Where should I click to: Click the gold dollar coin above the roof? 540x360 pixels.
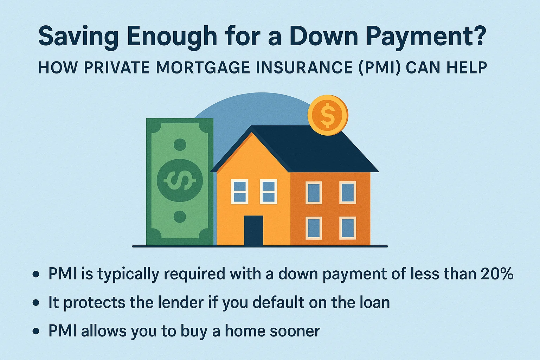(328, 115)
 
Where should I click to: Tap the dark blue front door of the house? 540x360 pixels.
(253, 230)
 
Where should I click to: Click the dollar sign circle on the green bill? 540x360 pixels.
(180, 180)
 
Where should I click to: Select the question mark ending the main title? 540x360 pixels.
(479, 36)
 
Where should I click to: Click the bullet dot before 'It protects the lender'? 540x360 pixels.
(36, 303)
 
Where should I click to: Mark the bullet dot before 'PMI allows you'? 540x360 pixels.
(36, 332)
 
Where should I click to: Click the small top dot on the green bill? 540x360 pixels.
(180, 144)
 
